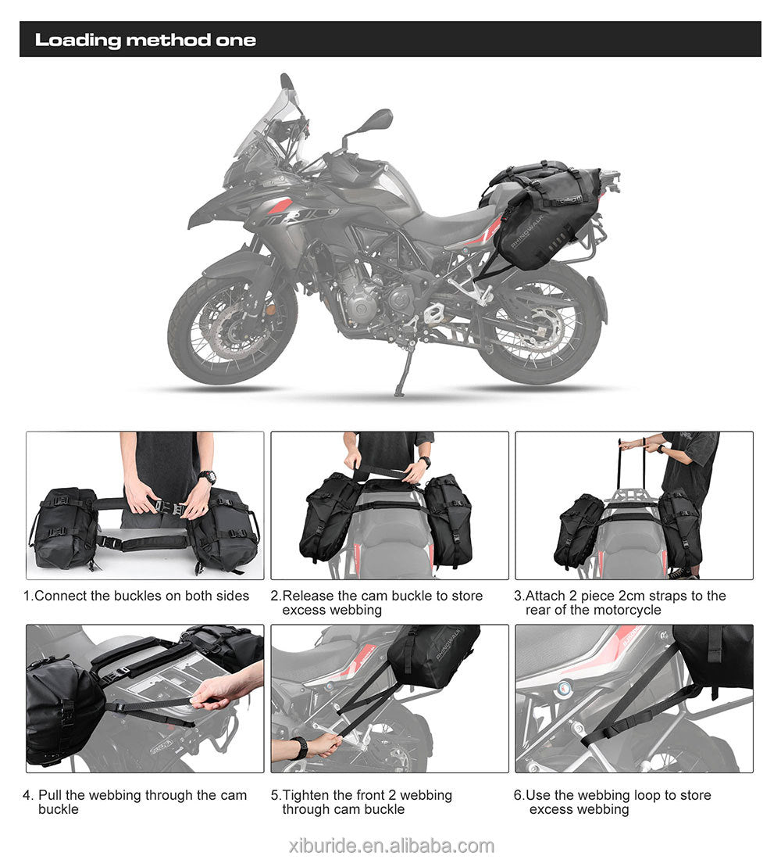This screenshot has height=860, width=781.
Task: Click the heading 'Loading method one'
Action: coord(145,40)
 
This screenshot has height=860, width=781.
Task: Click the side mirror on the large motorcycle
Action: coord(376,120)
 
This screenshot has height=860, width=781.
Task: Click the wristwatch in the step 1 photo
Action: coord(207,477)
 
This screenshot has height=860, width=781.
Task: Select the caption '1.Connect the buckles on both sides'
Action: coord(137,596)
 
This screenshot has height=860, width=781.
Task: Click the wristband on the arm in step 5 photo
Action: coord(299,748)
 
